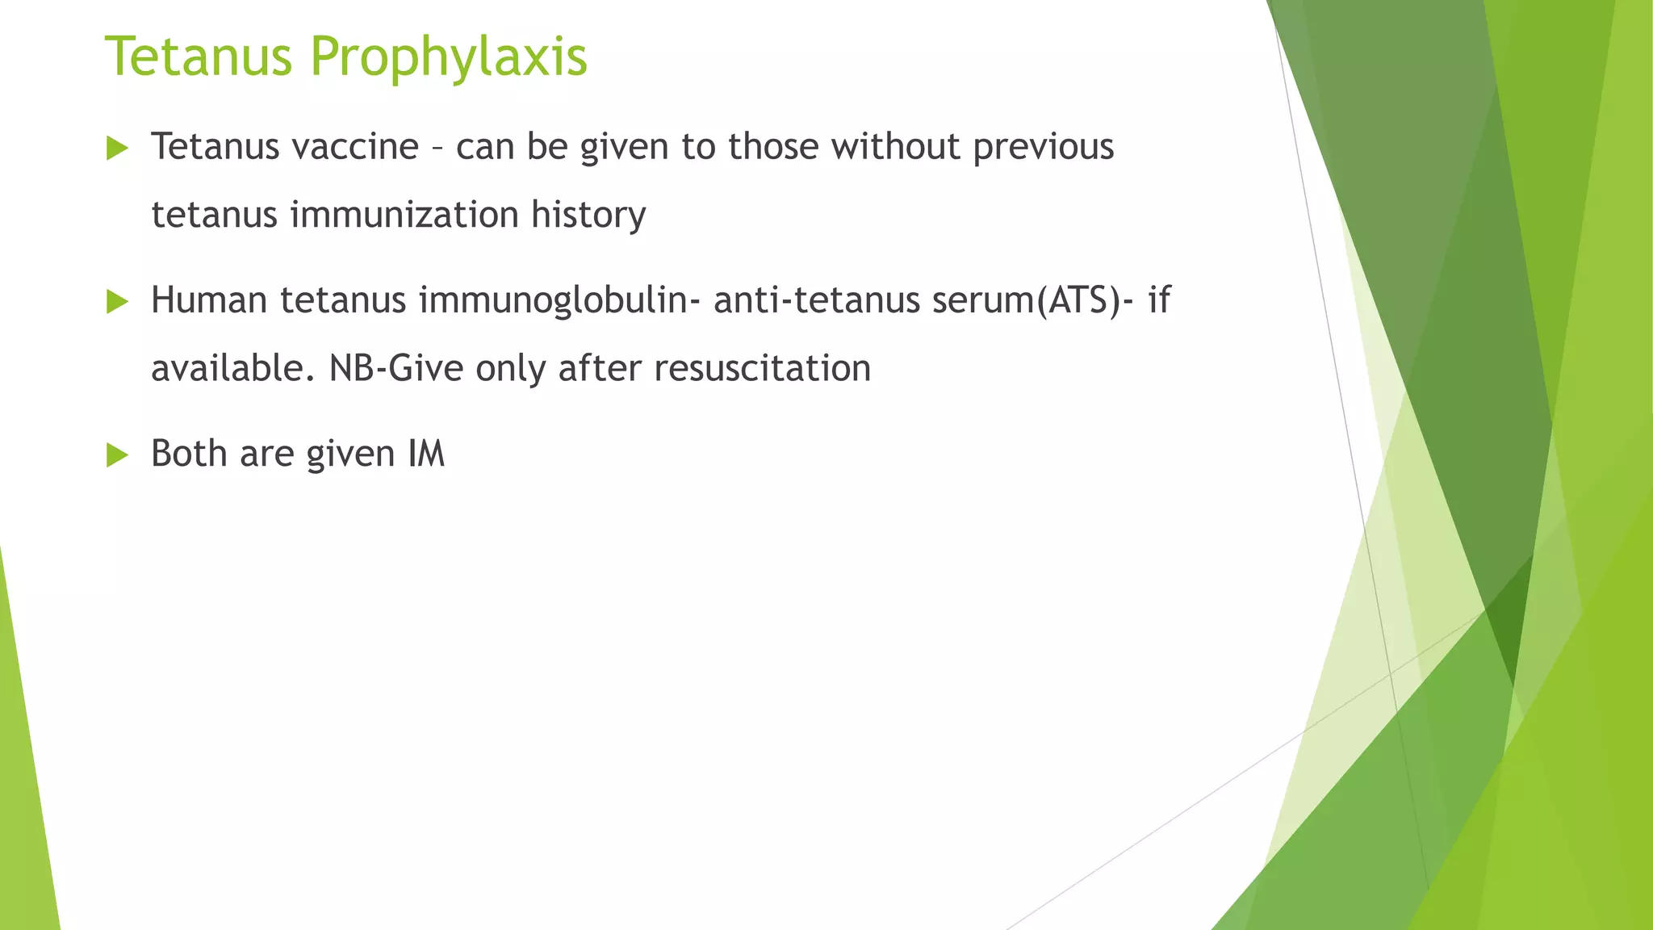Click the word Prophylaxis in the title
[x=448, y=58]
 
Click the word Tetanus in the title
[x=199, y=57]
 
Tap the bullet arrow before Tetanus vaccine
[x=118, y=149]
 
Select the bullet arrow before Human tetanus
[x=118, y=302]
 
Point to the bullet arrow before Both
[x=118, y=455]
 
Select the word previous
[x=1043, y=147]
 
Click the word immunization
[x=404, y=215]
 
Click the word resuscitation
[x=762, y=368]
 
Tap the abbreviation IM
[x=426, y=454]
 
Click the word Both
[x=189, y=454]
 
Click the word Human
[x=209, y=300]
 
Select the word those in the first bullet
[x=773, y=147]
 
